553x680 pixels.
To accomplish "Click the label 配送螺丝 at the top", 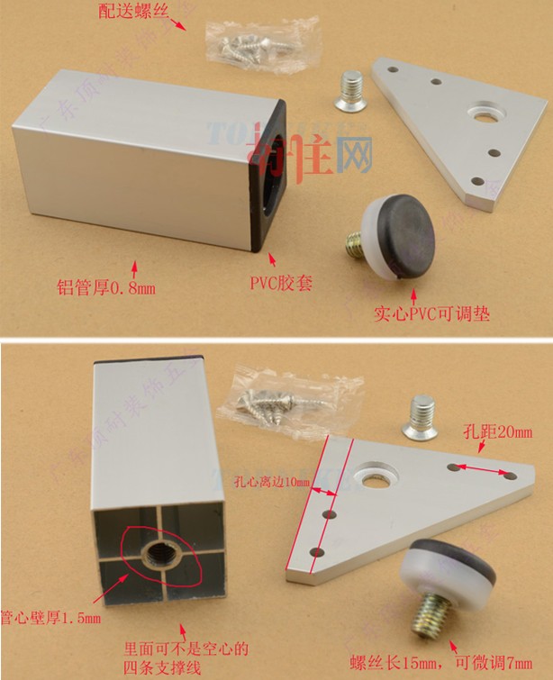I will [x=137, y=12].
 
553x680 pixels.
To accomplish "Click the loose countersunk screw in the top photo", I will [x=353, y=92].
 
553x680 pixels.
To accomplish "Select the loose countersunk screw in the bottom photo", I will [x=420, y=420].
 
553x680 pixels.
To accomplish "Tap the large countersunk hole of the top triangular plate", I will [x=485, y=114].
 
